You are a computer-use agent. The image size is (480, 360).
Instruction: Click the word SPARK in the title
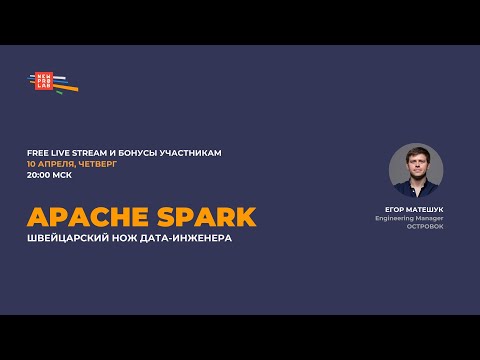(x=205, y=217)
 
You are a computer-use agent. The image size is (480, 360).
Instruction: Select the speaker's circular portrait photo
(x=415, y=169)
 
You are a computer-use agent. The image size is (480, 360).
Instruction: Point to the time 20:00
(x=42, y=174)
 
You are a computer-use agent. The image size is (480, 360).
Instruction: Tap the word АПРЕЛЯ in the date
(x=59, y=163)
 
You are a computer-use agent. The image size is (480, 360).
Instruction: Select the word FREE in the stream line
(x=38, y=152)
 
